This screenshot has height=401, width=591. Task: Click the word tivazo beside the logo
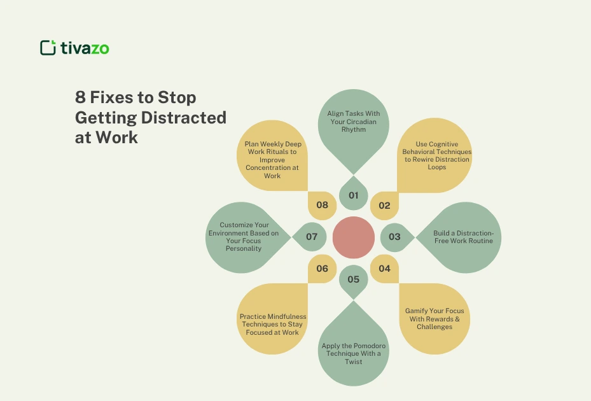pos(85,48)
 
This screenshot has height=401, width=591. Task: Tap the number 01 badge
pos(354,195)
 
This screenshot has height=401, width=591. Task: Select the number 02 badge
pos(384,206)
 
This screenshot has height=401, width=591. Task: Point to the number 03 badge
pos(394,237)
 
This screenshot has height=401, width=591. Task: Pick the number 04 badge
pos(384,269)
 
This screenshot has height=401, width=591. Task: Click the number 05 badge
pos(354,279)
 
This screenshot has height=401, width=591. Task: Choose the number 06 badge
pos(322,269)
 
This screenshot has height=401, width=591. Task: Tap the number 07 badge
pos(311,237)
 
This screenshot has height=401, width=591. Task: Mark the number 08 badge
pos(322,206)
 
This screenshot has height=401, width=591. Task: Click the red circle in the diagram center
pos(354,237)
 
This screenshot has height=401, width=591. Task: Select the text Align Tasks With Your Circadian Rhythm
pos(353,121)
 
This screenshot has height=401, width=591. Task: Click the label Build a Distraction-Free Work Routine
pos(463,237)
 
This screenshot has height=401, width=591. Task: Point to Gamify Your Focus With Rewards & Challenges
pos(435,319)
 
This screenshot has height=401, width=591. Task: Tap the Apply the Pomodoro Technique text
pos(353,354)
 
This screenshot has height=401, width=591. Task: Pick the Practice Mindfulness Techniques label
pos(273,324)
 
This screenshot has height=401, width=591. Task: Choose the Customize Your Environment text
pos(244,236)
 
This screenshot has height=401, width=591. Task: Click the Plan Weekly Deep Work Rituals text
pos(273,160)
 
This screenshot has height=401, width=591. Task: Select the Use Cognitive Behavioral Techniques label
pos(437,156)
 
